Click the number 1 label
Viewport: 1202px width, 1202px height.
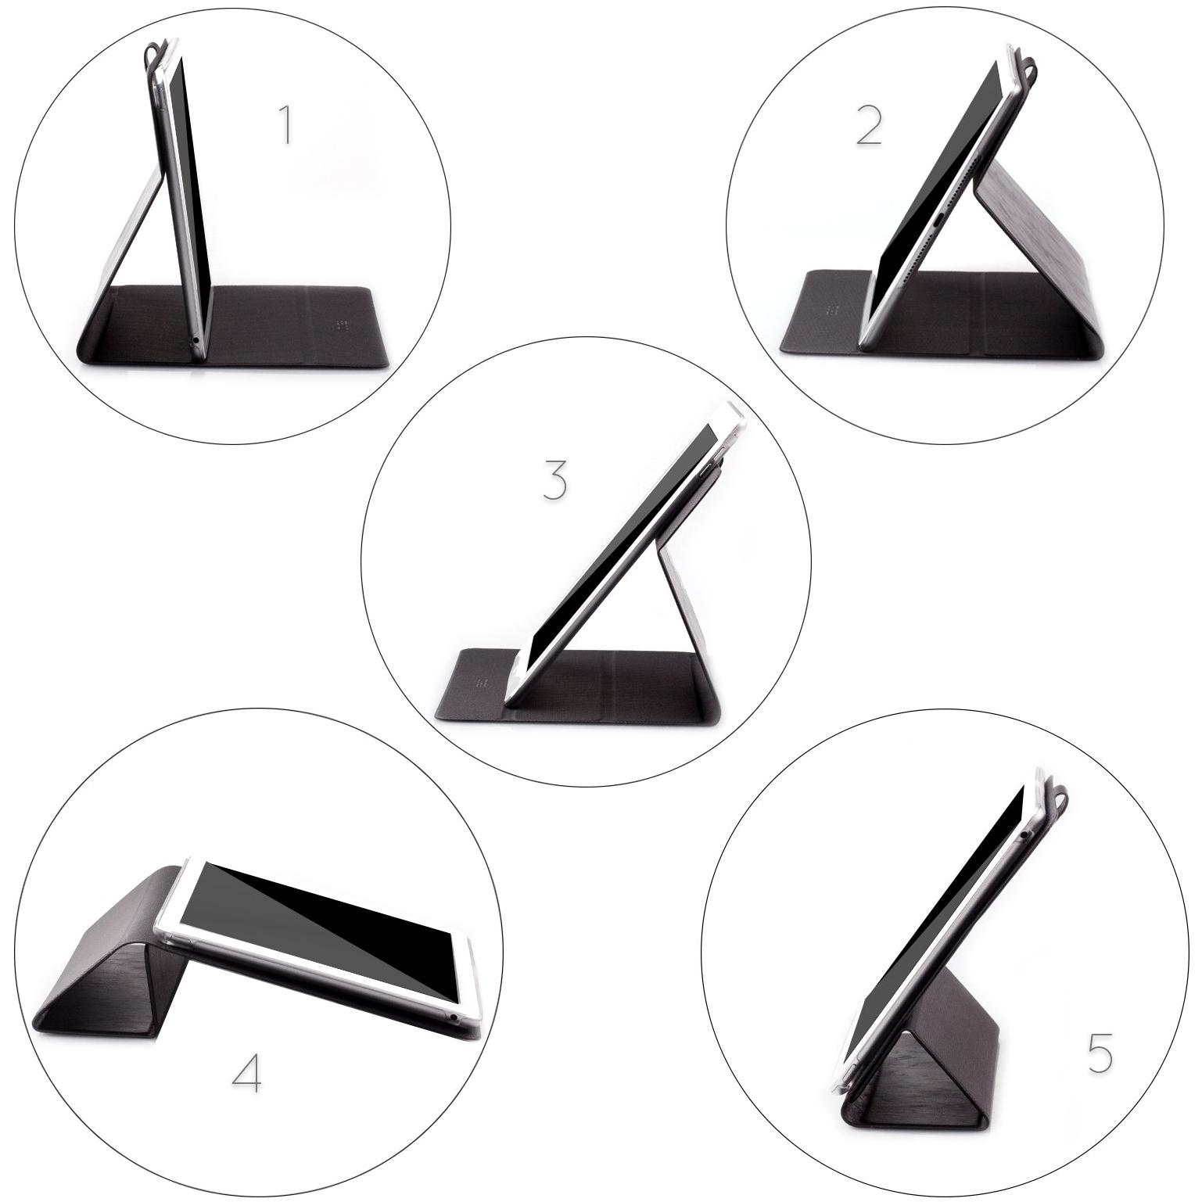coord(286,126)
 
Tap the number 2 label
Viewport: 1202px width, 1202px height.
coord(869,126)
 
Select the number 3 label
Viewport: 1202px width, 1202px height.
coord(554,479)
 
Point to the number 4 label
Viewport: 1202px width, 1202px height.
coord(247,1075)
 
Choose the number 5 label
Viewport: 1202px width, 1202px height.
coord(1100,1053)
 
